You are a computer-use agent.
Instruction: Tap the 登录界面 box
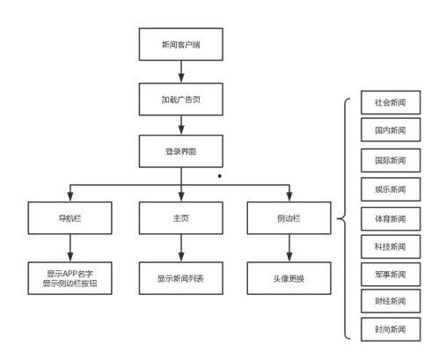[x=180, y=151]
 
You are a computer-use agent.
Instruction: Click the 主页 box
[x=180, y=217]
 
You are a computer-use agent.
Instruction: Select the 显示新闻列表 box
[x=180, y=278]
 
